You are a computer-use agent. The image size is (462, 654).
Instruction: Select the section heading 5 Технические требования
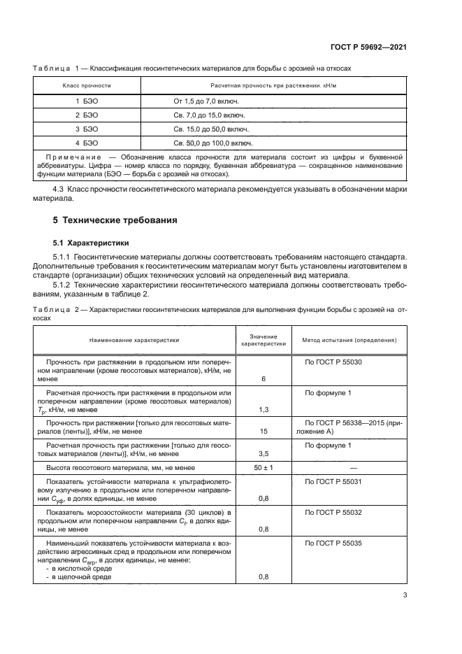pos(115,220)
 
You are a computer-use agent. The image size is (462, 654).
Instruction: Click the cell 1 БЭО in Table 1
pos(87,101)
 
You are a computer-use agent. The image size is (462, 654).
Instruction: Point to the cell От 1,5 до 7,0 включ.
pos(206,101)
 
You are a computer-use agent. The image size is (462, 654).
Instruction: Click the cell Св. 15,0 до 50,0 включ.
pos(212,129)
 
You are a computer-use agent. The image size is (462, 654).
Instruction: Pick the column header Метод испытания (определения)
pos(349,340)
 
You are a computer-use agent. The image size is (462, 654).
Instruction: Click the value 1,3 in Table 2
pos(264,409)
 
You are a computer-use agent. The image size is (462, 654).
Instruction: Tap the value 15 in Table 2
pos(264,432)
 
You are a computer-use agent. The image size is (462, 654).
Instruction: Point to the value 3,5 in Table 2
pos(264,453)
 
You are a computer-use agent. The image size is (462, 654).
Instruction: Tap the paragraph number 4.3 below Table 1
pos(59,190)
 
